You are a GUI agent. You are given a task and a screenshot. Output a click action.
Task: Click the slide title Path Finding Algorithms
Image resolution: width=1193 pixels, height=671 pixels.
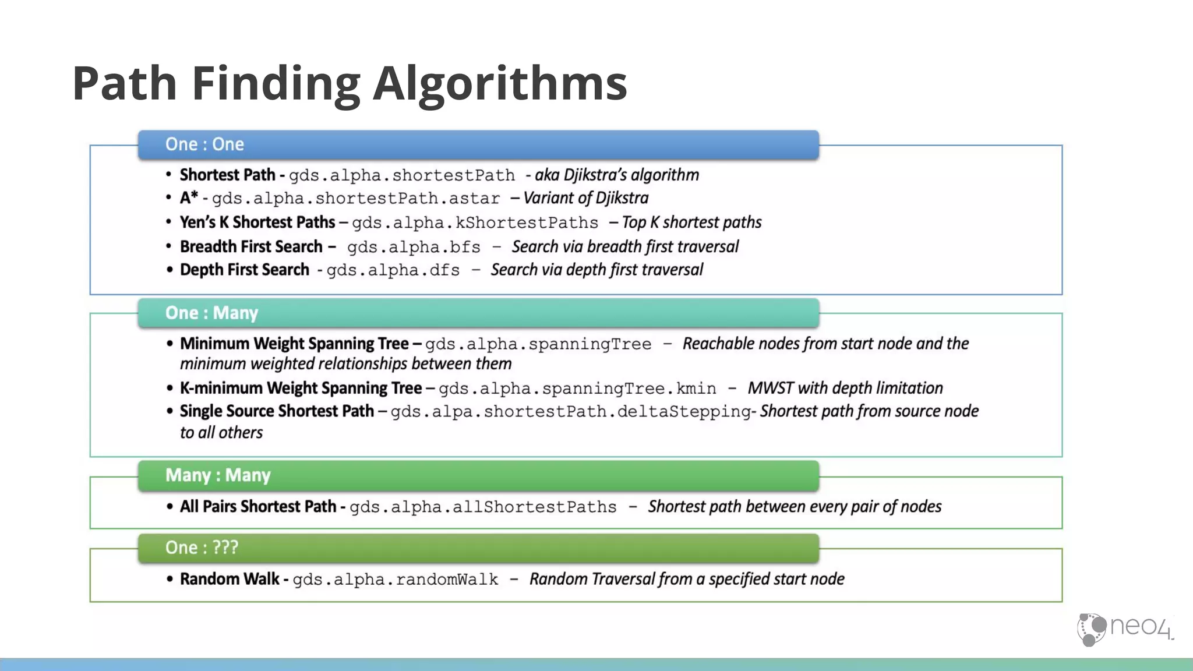(x=350, y=83)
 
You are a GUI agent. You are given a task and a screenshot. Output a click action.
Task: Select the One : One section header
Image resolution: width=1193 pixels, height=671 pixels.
(x=204, y=144)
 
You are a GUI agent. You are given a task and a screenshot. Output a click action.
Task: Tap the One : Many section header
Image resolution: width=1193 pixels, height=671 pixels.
(x=211, y=313)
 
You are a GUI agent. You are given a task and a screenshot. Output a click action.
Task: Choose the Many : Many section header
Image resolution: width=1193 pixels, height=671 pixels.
(x=218, y=475)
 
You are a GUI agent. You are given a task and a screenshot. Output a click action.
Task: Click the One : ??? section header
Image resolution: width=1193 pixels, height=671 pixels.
(x=202, y=548)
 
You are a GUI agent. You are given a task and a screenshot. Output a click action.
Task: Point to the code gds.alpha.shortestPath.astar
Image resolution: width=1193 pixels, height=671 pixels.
(x=355, y=199)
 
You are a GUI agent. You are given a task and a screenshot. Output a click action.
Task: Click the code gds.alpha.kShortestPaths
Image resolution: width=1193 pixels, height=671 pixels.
(x=475, y=223)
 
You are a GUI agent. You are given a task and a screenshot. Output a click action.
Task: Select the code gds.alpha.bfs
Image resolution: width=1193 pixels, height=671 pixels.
(x=414, y=247)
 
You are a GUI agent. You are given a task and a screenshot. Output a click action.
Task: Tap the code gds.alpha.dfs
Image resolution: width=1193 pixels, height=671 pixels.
(x=393, y=270)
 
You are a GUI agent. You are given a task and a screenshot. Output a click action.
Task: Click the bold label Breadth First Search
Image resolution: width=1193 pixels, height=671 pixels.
(x=251, y=247)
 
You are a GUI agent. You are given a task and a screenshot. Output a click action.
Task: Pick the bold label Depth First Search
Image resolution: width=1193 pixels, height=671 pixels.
(x=245, y=270)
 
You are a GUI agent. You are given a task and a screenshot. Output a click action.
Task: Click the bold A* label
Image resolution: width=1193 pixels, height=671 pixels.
(x=189, y=198)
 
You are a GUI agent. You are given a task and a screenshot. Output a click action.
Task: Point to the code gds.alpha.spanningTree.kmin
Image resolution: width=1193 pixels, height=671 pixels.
(x=577, y=389)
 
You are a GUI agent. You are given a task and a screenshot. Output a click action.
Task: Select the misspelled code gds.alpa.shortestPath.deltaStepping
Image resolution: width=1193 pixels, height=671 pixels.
(x=571, y=412)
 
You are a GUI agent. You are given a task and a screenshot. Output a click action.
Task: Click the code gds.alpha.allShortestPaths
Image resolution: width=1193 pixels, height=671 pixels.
(x=483, y=507)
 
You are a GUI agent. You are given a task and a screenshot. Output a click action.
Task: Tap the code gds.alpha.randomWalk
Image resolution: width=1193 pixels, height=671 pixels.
(x=395, y=580)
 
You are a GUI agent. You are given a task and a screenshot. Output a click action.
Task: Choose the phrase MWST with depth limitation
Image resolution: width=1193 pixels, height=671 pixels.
(x=845, y=388)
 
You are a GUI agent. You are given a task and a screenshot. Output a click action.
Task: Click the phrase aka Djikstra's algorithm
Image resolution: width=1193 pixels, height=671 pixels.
(x=617, y=175)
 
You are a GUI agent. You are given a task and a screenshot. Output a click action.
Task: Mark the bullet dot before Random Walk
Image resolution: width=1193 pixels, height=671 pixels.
(x=170, y=579)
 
